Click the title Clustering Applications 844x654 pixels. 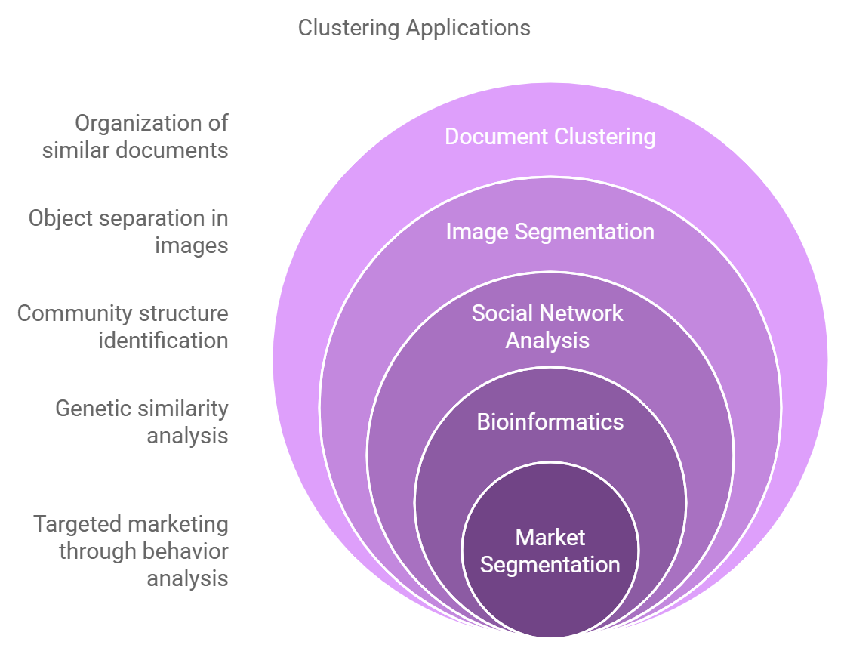click(414, 29)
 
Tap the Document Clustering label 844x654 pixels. click(550, 137)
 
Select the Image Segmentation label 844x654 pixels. click(550, 231)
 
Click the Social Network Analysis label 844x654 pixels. click(547, 326)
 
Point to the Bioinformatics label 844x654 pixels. click(550, 421)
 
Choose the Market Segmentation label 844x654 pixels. click(550, 551)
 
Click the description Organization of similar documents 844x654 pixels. click(135, 137)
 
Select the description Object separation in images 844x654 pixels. click(128, 232)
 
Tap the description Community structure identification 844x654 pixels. click(122, 326)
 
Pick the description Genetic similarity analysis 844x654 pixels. click(142, 421)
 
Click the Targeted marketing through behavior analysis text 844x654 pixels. click(131, 551)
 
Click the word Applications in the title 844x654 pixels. click(468, 29)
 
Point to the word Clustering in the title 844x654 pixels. click(350, 29)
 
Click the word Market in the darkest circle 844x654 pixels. click(550, 538)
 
